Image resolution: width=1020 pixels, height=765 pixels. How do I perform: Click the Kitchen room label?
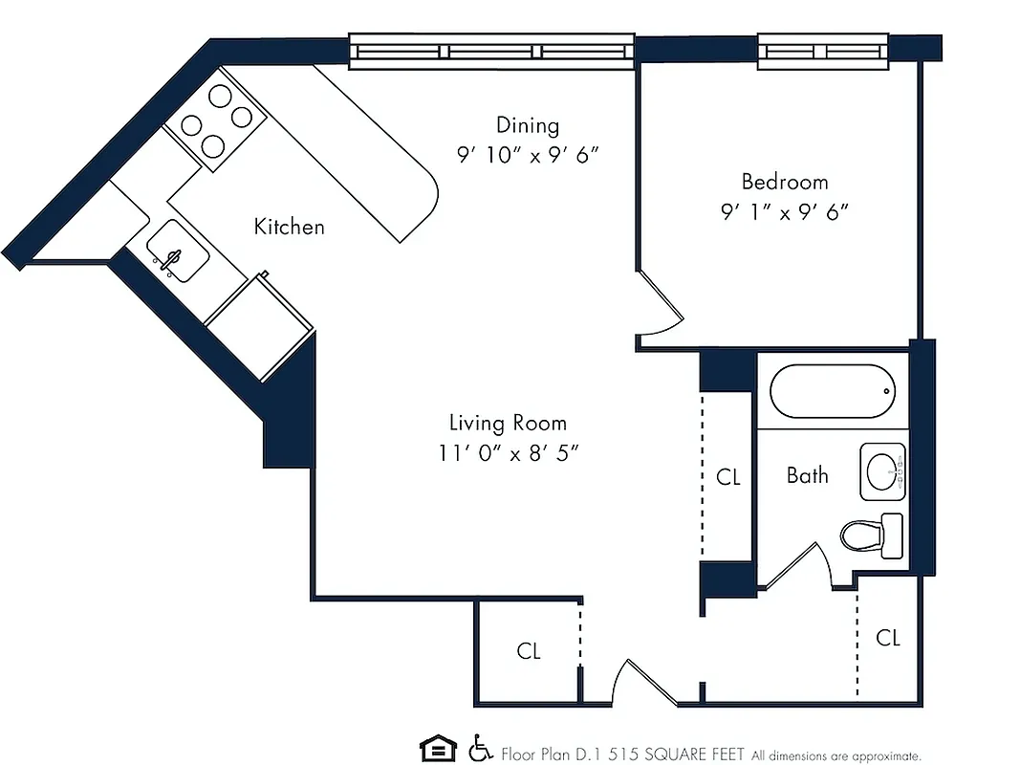click(289, 227)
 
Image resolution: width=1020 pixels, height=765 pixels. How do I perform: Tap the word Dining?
click(527, 125)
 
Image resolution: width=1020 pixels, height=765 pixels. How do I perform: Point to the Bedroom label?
click(785, 182)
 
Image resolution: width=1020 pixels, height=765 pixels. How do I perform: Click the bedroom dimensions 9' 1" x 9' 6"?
click(785, 212)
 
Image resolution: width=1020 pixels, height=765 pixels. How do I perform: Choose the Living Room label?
click(508, 423)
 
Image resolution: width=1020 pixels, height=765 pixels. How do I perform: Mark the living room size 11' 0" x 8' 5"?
click(508, 453)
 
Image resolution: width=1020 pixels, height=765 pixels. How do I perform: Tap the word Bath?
click(807, 475)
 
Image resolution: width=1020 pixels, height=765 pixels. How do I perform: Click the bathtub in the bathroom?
click(832, 391)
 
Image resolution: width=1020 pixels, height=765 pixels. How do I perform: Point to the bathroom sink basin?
click(881, 470)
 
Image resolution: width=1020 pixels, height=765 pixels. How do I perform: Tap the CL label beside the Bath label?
click(728, 476)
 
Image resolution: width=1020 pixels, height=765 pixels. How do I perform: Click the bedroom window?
click(824, 52)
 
